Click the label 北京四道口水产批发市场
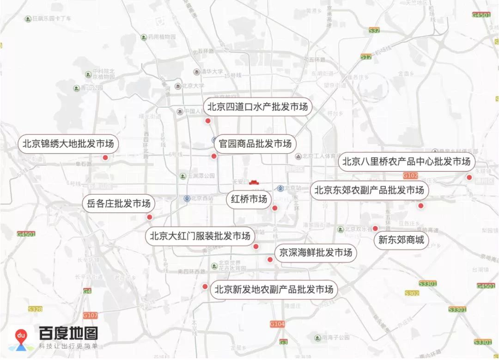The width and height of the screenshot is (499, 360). [257, 107]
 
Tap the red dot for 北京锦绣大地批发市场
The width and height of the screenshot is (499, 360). [105, 158]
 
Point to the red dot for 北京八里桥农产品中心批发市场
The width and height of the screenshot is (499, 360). [469, 177]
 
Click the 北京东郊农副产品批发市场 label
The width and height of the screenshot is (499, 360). [369, 190]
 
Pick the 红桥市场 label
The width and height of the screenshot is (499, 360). [249, 199]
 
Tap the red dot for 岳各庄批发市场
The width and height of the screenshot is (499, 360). [149, 217]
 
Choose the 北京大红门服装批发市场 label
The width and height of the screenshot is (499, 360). [200, 236]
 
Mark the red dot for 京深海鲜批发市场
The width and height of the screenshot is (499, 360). [270, 260]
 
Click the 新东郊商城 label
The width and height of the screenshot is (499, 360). [401, 240]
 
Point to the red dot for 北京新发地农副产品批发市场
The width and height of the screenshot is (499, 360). [205, 287]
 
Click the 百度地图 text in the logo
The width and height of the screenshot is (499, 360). [68, 333]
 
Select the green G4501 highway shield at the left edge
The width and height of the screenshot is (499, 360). [26, 234]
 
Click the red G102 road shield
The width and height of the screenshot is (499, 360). [410, 176]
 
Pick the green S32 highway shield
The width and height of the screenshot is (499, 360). [375, 30]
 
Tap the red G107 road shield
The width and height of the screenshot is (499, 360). [91, 315]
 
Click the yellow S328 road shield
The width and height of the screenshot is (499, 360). [35, 309]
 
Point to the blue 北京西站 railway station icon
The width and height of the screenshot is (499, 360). [187, 199]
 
